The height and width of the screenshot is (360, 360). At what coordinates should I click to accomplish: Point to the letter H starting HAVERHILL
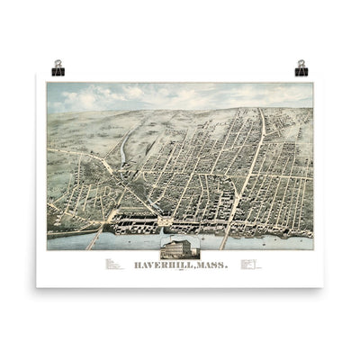pyautogui.click(x=136, y=265)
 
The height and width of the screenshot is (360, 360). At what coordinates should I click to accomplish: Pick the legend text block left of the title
pyautogui.click(x=113, y=265)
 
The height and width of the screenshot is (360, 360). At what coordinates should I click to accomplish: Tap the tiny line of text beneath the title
pyautogui.click(x=180, y=273)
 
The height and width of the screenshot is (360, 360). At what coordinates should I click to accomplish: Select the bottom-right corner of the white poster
pyautogui.click(x=323, y=286)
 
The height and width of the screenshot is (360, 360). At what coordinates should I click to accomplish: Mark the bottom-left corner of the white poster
pyautogui.click(x=37, y=286)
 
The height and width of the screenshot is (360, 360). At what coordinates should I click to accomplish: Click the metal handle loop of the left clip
pyautogui.click(x=58, y=64)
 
